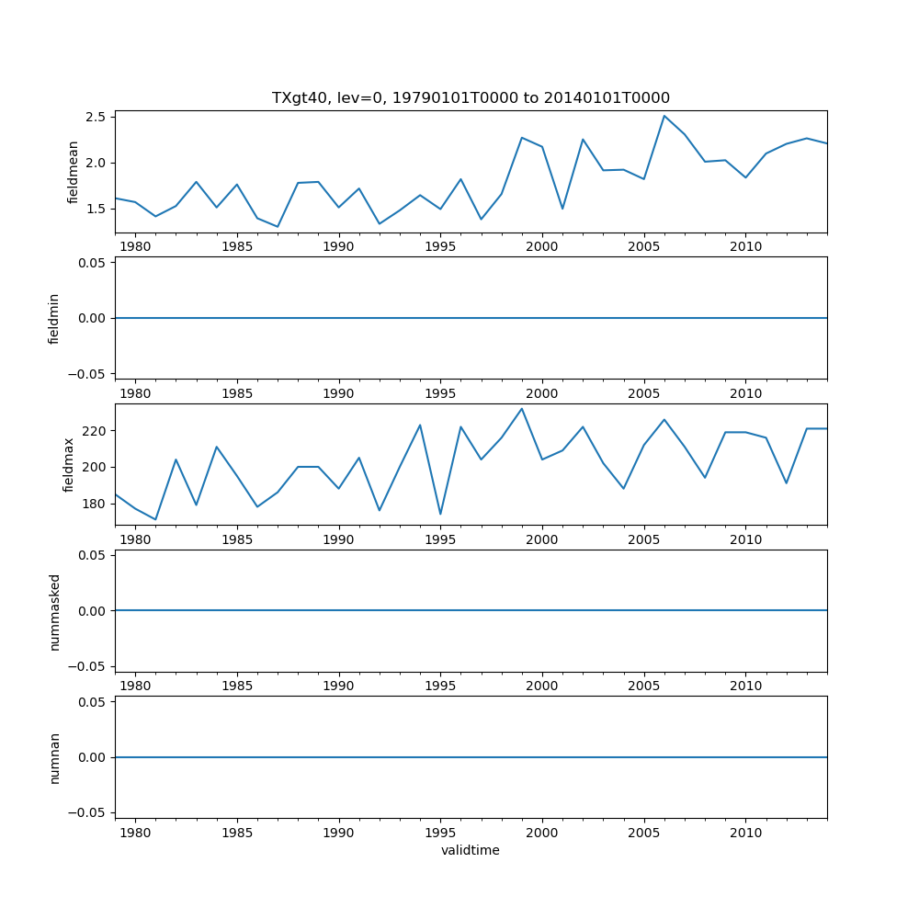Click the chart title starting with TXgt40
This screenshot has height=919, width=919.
[471, 97]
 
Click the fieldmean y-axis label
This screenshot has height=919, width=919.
[74, 172]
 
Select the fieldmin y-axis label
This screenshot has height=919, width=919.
[54, 318]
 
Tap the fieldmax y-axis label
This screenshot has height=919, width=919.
[68, 464]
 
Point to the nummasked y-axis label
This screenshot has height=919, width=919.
[54, 611]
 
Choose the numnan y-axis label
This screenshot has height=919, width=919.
[54, 757]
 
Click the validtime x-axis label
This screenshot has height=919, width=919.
[471, 850]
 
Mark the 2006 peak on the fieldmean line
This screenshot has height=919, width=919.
[664, 116]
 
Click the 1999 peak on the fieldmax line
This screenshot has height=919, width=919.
[522, 409]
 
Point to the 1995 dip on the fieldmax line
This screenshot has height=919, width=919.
[440, 515]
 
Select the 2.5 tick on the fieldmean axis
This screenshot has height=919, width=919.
[96, 117]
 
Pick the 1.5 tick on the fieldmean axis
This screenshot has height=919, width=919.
[96, 209]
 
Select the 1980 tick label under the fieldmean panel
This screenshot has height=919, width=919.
[135, 247]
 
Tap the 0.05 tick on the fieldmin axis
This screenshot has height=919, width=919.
[93, 263]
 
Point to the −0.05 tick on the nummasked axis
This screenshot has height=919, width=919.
[89, 665]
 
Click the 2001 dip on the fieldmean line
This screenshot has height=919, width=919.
[562, 209]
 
